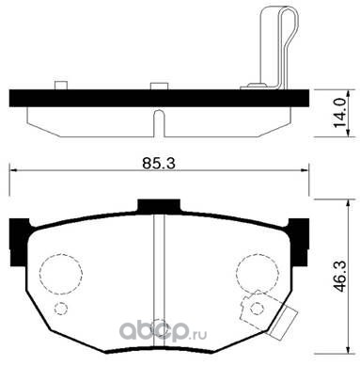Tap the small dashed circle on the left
[62, 310]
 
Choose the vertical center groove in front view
[157, 273]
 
